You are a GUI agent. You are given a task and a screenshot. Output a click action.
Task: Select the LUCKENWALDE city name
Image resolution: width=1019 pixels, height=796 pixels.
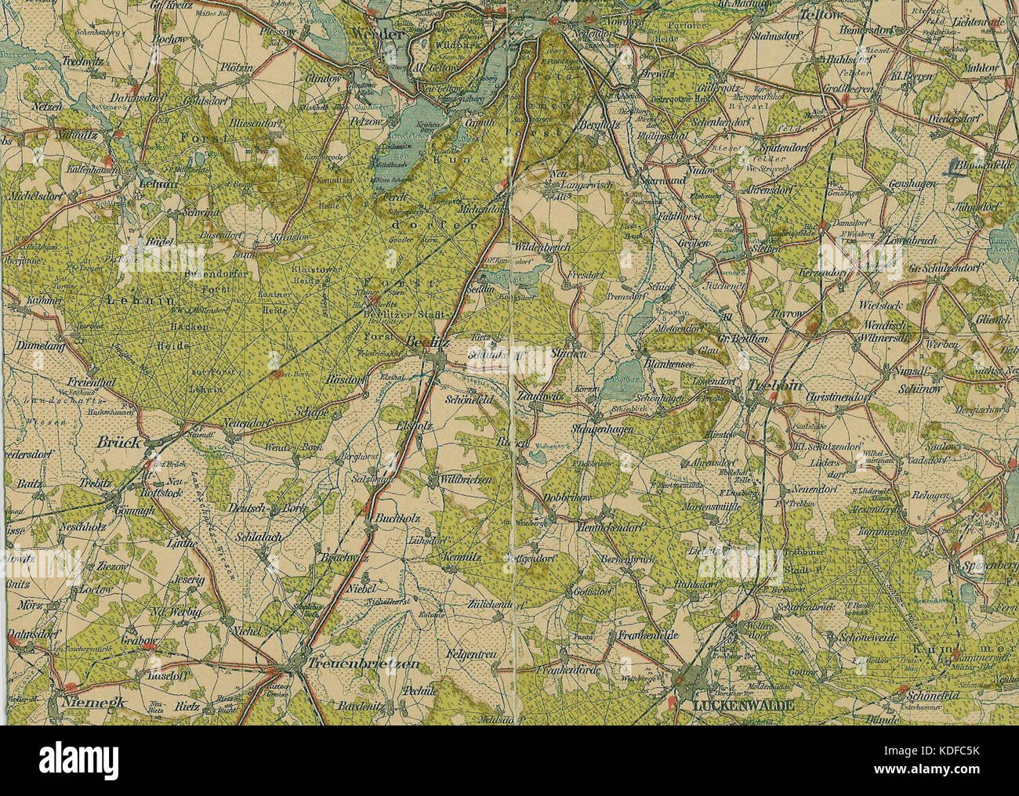point(743,705)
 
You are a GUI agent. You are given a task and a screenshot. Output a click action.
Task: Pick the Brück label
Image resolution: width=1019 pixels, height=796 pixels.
point(119,443)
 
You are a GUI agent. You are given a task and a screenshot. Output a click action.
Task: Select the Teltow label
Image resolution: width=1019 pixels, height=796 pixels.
point(821,15)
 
